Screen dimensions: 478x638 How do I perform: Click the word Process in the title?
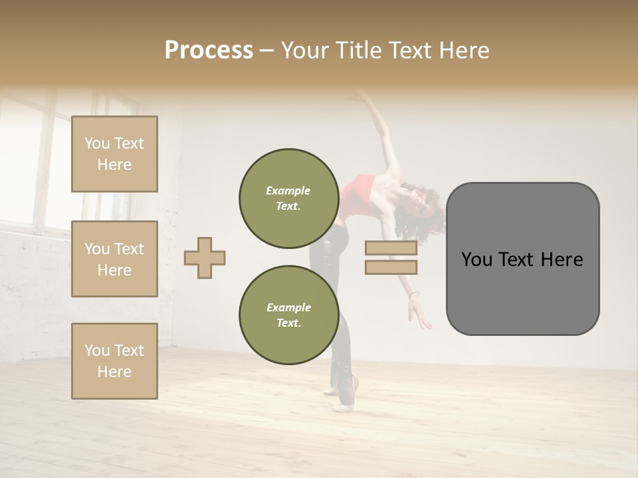point(209,50)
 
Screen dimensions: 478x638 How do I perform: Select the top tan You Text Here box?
point(114,154)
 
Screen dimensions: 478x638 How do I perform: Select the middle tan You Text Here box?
point(114,259)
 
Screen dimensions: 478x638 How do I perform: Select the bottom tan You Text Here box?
point(114,360)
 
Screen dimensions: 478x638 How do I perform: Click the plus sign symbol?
point(205,257)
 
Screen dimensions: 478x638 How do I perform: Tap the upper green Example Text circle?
point(288,199)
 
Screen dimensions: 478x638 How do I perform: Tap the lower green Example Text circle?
point(288,315)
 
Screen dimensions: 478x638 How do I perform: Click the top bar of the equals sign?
point(391,248)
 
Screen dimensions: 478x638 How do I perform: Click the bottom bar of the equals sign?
point(391,268)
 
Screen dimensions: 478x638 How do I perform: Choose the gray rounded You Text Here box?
point(522,259)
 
